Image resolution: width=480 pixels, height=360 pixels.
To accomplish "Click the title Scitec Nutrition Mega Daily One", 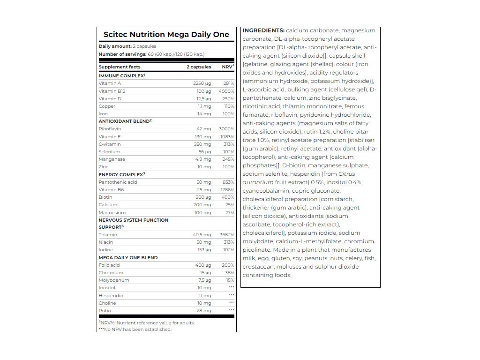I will click(x=166, y=35).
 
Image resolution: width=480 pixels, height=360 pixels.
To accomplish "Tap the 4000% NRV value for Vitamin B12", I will click(x=226, y=91).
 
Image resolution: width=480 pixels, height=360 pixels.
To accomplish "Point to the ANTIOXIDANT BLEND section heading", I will click(x=125, y=121).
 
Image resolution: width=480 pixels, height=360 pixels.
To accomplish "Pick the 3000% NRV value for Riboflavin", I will click(x=226, y=129).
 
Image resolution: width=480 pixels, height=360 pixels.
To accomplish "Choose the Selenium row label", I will click(x=109, y=152).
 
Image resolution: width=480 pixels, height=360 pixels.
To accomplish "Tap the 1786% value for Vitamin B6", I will click(x=226, y=190).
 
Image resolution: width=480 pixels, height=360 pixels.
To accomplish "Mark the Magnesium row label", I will click(x=112, y=213).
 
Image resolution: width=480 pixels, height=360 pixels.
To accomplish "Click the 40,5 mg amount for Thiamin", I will click(x=202, y=235).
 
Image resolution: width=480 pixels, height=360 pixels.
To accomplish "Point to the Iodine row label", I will click(x=105, y=250).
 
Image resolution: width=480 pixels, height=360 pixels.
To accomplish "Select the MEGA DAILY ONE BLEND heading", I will click(x=128, y=258).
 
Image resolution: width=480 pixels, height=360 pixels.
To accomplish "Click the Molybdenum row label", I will click(x=114, y=280).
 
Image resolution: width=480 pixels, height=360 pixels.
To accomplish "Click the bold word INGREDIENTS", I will click(x=263, y=30).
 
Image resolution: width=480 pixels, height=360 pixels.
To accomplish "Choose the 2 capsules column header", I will click(x=199, y=67).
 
